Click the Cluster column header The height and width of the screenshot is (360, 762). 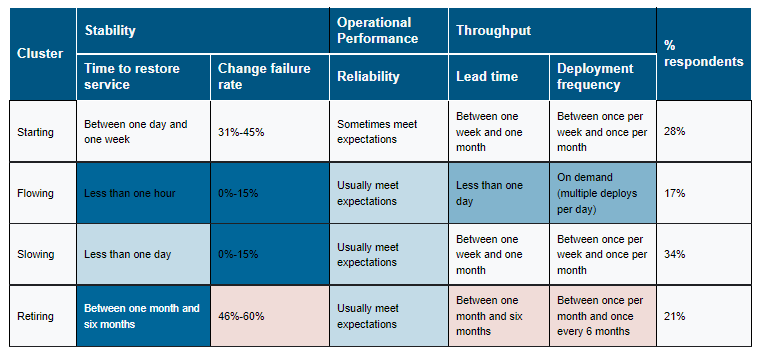(40, 53)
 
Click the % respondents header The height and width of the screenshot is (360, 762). (703, 53)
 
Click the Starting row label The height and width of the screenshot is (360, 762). (34, 132)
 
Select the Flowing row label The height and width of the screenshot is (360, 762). (35, 193)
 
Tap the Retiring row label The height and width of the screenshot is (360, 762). (35, 317)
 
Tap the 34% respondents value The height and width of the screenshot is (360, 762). (675, 255)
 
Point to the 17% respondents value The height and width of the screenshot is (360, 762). (675, 193)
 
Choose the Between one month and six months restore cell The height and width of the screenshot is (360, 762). (142, 316)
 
